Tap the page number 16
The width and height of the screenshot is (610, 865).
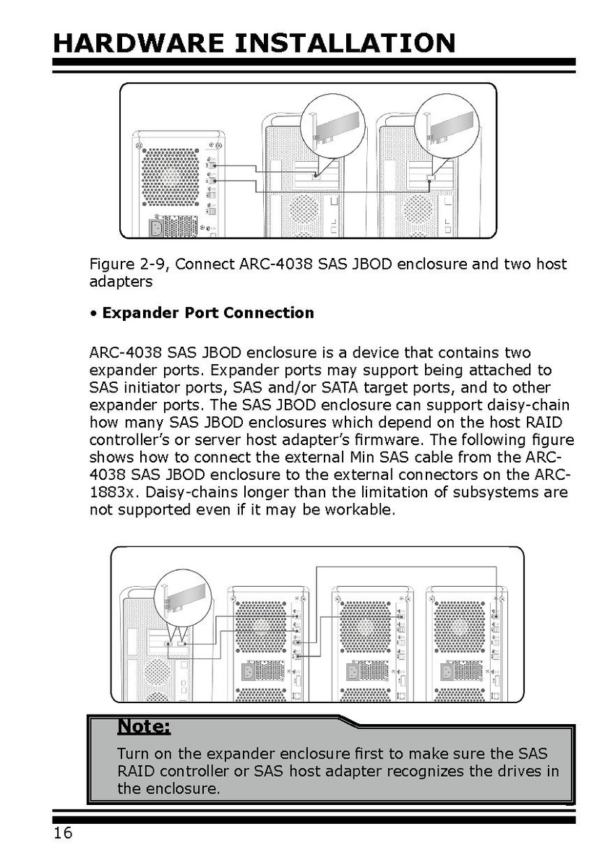pos(63,833)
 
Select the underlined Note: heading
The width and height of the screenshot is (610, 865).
pos(143,725)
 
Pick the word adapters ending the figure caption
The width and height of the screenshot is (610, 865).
pos(121,282)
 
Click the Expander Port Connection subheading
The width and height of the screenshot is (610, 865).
pos(208,313)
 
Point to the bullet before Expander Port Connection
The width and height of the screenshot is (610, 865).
pos(93,314)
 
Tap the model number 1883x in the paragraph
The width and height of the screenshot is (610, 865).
pos(116,493)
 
